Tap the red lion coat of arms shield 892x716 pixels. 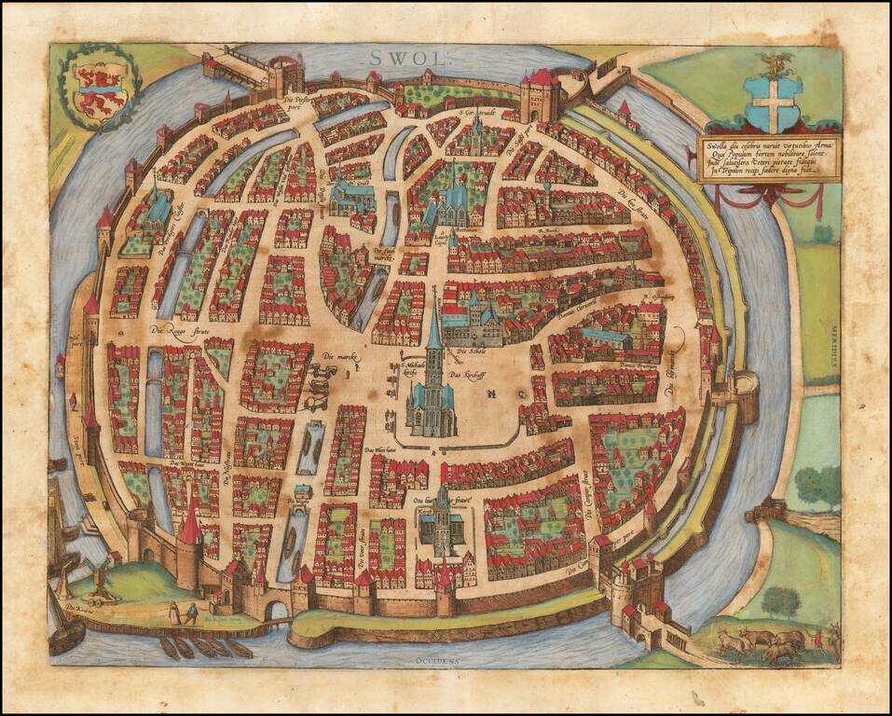click(x=98, y=89)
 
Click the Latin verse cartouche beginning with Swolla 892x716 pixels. click(x=757, y=159)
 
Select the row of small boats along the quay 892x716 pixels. click(x=205, y=647)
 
